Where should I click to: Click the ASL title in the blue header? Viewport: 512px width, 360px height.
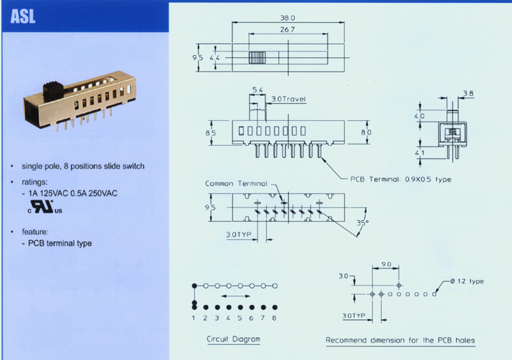[x=23, y=16]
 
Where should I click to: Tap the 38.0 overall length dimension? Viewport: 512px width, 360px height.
[x=287, y=18]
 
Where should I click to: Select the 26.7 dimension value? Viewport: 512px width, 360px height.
[x=287, y=29]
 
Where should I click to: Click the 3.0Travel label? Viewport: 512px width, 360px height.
[x=289, y=99]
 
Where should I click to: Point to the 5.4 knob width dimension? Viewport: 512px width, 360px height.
[x=257, y=89]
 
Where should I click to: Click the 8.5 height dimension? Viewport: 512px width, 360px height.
[x=211, y=133]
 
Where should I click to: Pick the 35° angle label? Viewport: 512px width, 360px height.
[x=363, y=223]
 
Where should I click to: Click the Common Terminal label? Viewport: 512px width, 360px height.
[x=236, y=184]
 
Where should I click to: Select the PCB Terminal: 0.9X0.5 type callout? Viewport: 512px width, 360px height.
[x=400, y=180]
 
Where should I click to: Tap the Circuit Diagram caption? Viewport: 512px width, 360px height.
[x=233, y=339]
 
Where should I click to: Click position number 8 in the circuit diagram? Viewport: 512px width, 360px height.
[x=275, y=318]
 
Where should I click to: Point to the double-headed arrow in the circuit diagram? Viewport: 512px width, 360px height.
[x=236, y=296]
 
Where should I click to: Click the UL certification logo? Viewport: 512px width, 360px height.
[x=45, y=206]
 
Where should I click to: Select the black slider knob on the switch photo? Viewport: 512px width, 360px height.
[x=53, y=91]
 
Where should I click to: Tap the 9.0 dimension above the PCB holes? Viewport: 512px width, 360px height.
[x=386, y=264]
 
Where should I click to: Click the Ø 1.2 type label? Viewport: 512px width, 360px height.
[x=467, y=281]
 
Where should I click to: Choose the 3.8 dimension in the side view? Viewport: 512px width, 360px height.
[x=468, y=94]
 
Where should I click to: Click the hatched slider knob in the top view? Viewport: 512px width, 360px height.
[x=257, y=58]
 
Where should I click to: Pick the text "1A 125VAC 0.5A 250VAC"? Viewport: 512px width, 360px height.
[x=72, y=193]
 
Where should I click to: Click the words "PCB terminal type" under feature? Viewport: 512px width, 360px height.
[x=60, y=243]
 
